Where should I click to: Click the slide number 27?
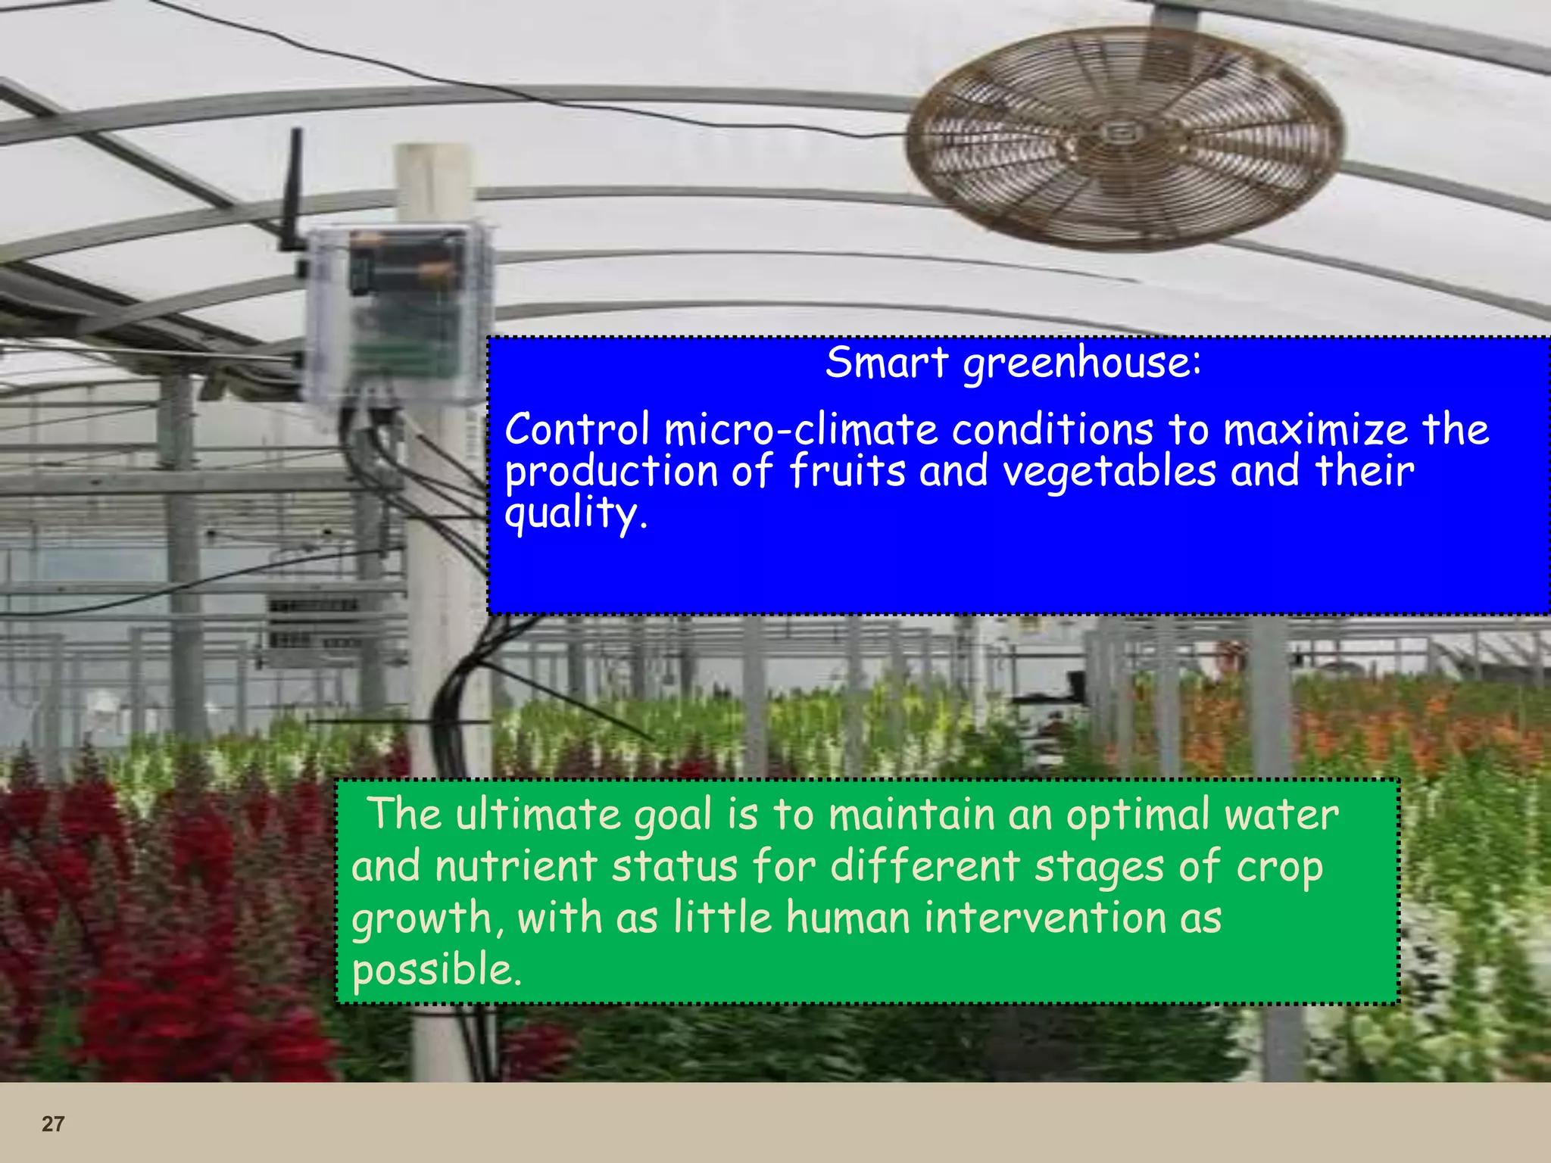pos(53,1124)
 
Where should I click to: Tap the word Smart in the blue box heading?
pos(886,362)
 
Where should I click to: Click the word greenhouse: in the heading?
pos(1082,363)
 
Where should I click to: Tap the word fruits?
pos(847,471)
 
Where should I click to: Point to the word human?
pos(848,918)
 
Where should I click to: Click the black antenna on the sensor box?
pos(293,189)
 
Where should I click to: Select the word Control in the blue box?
pos(577,429)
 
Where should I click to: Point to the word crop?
pos(1280,866)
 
